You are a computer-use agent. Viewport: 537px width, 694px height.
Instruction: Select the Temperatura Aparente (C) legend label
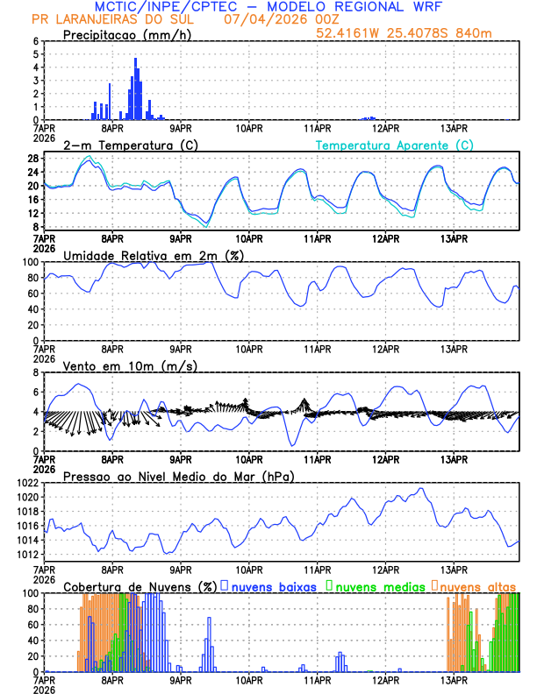[x=395, y=145]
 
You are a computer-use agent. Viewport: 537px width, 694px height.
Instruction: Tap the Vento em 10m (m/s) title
[x=130, y=365]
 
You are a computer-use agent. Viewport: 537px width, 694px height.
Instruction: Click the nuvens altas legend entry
[x=477, y=585]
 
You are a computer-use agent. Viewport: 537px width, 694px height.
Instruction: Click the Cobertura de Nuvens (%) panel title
[x=140, y=586]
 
